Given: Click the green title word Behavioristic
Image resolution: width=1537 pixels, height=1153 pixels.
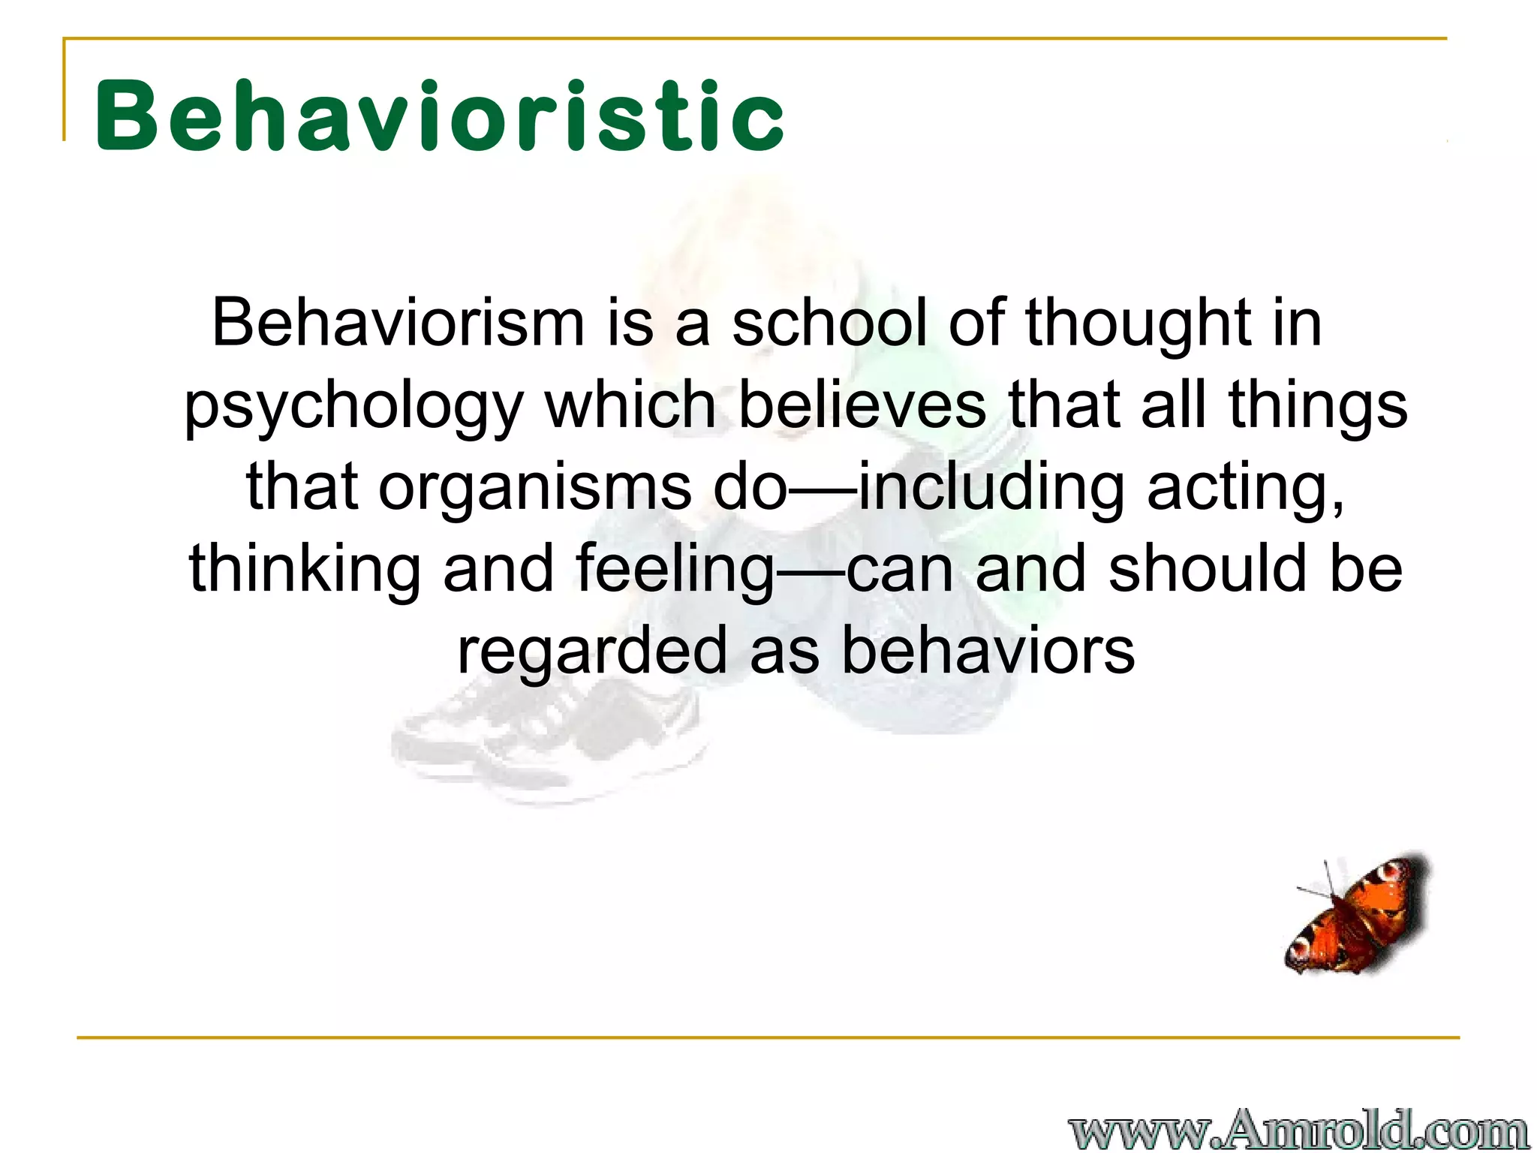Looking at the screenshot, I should coord(439,116).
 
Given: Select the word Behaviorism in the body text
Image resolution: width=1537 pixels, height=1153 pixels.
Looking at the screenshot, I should coord(398,323).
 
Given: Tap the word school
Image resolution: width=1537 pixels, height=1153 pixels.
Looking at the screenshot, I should coord(829,323).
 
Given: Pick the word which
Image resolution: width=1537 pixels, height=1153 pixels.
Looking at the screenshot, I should coord(630,405).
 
